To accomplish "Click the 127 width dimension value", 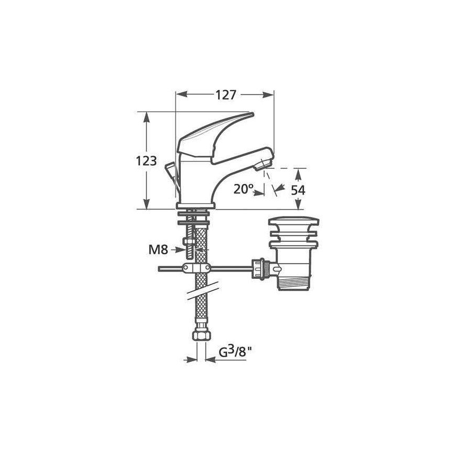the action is point(225,95).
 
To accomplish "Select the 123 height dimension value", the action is point(146,161).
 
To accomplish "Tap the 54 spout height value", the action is point(298,190).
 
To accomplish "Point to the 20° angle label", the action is point(243,189).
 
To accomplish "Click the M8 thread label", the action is point(158,249).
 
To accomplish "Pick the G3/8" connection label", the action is point(235,352).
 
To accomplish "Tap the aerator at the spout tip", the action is point(262,165).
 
